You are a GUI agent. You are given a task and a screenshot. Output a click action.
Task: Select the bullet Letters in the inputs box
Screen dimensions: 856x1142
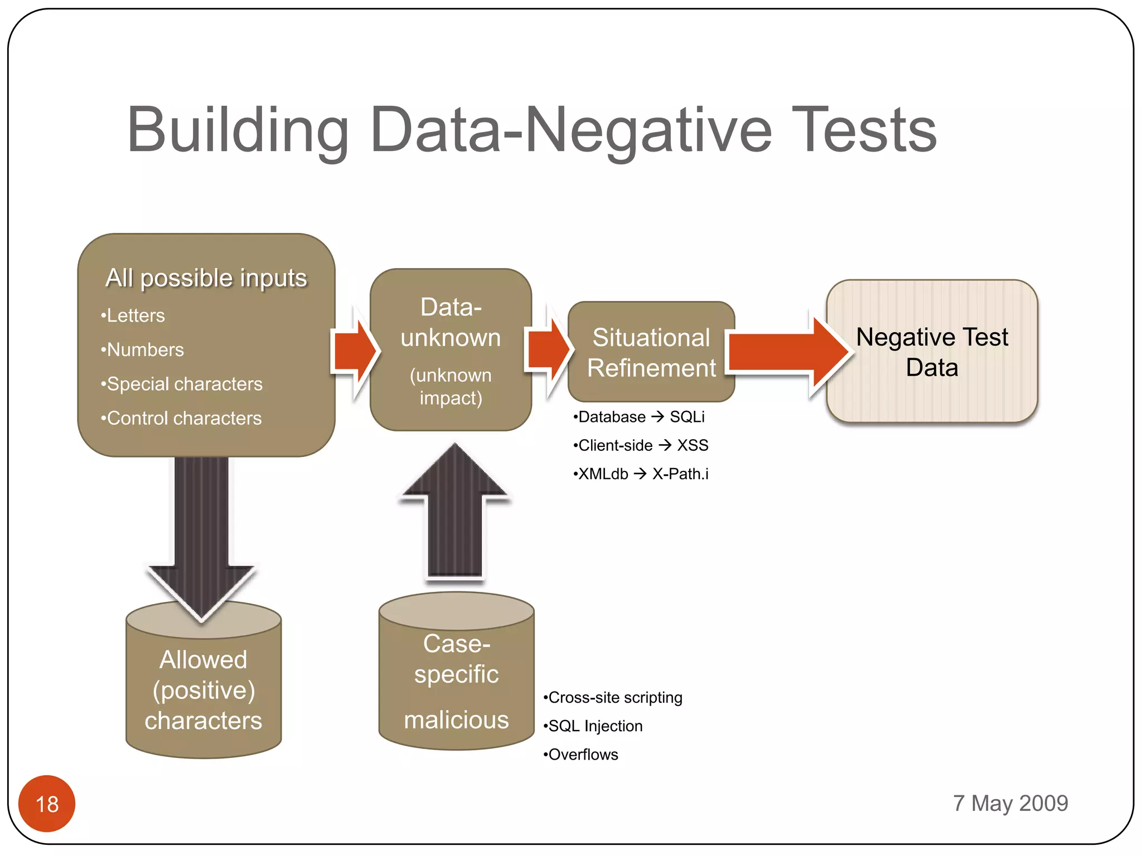coord(134,316)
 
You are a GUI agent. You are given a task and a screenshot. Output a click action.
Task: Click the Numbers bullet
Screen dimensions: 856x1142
coord(143,350)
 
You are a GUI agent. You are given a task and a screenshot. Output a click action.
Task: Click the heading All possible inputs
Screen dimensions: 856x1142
coord(206,278)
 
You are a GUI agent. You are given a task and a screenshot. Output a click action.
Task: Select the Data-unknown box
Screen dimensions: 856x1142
coord(451,350)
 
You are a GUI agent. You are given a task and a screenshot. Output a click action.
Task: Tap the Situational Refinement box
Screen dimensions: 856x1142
coord(651,352)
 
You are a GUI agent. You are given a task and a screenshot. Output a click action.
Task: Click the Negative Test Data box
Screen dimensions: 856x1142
coord(932,352)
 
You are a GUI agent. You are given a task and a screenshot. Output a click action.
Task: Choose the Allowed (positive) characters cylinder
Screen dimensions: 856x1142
coord(204,690)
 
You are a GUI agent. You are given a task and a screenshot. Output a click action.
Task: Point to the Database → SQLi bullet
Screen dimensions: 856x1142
coord(640,417)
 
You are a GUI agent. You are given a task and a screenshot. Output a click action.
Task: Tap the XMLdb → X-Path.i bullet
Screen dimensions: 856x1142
coord(641,474)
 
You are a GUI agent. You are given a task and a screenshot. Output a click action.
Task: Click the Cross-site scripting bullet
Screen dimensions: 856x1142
coord(613,698)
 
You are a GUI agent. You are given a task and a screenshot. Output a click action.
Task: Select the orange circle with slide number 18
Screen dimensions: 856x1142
coord(47,803)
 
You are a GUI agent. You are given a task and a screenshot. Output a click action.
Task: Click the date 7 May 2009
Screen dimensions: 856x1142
coord(1010,803)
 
